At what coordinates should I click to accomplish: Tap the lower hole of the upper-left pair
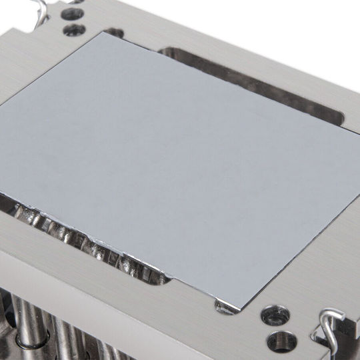(73, 30)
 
